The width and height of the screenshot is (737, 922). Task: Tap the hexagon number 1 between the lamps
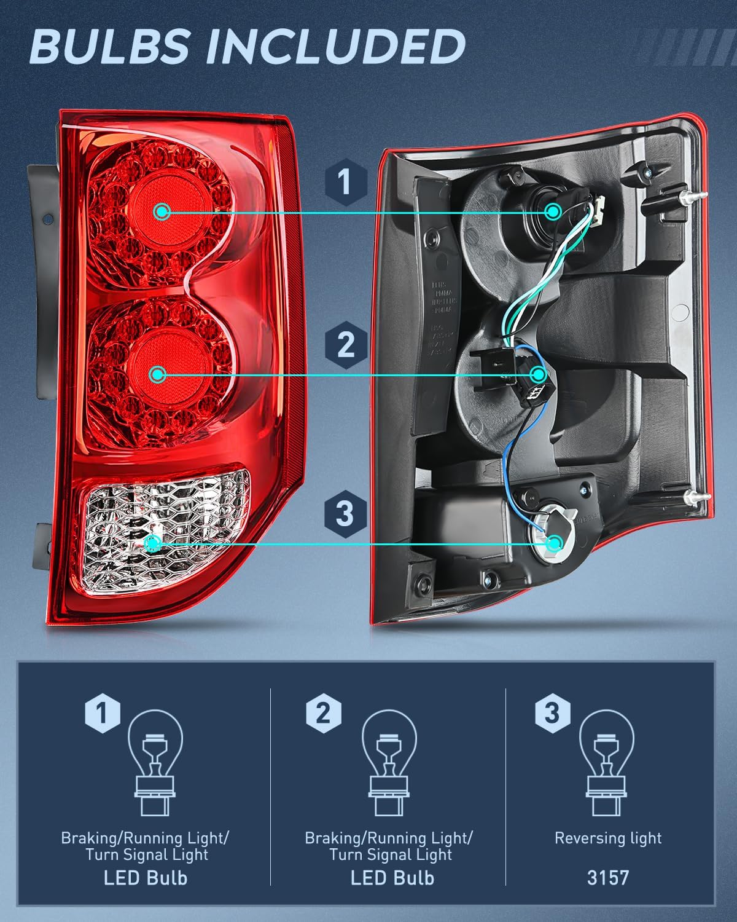pyautogui.click(x=345, y=182)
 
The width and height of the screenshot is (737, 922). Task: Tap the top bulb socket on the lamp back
pyautogui.click(x=552, y=211)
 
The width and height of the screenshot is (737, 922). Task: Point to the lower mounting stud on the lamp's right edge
pyautogui.click(x=693, y=498)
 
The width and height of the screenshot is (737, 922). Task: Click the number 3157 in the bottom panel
pyautogui.click(x=608, y=877)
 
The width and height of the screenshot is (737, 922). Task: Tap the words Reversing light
pyautogui.click(x=608, y=838)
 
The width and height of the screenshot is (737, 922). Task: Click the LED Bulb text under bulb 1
pyautogui.click(x=146, y=878)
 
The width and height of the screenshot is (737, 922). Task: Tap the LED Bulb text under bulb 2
pyautogui.click(x=392, y=878)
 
